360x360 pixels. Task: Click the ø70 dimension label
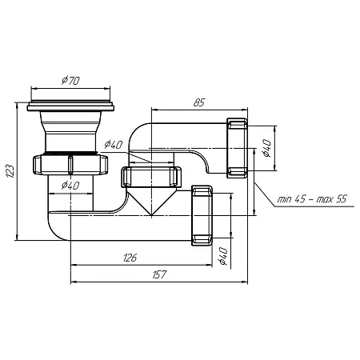pyautogui.click(x=70, y=80)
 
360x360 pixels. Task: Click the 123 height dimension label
pyautogui.click(x=10, y=171)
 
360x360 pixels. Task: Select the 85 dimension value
pyautogui.click(x=199, y=102)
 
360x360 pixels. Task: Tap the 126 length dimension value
pyautogui.click(x=130, y=258)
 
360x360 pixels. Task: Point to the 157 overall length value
pyautogui.click(x=159, y=274)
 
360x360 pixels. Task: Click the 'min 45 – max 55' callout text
pyautogui.click(x=312, y=199)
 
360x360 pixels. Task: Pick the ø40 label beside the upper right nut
pyautogui.click(x=266, y=148)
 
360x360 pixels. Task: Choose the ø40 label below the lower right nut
pyautogui.click(x=222, y=256)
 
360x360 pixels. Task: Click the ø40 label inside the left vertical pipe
pyautogui.click(x=70, y=186)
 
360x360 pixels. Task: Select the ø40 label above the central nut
pyautogui.click(x=114, y=145)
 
